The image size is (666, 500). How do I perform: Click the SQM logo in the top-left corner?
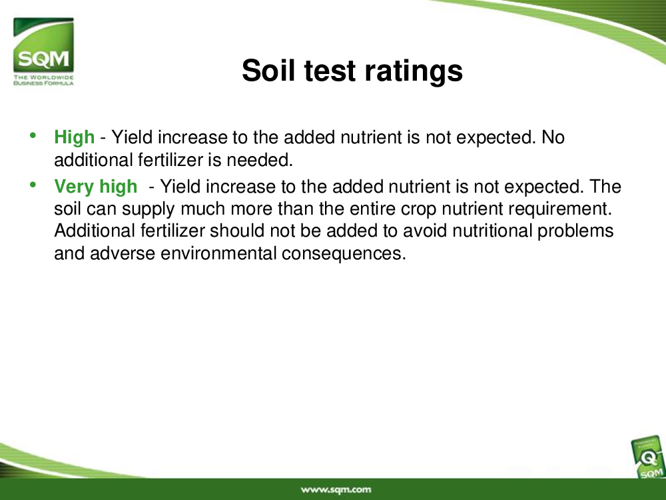tap(43, 51)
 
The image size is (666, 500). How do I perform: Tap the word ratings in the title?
tap(414, 71)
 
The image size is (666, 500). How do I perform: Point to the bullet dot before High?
tap(33, 135)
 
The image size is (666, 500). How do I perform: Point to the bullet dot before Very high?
tap(33, 185)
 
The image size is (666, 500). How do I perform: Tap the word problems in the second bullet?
tap(575, 231)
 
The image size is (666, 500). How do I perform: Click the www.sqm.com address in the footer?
tap(336, 490)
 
